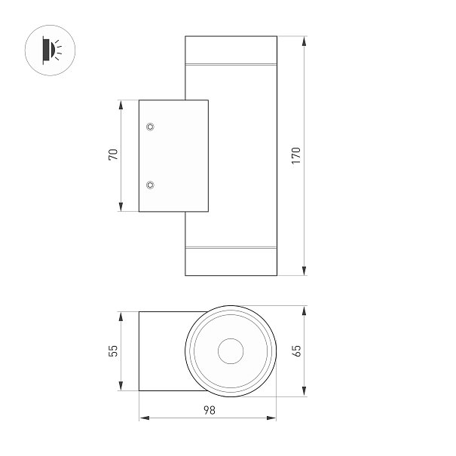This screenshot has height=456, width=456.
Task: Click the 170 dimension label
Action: [x=296, y=155]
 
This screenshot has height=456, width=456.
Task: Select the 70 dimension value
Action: [x=113, y=155]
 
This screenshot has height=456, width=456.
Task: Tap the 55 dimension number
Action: [x=113, y=350]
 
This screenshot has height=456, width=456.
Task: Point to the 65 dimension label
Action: [x=296, y=350]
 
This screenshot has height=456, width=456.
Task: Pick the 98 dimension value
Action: [x=209, y=410]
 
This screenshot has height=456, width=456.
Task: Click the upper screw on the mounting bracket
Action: [x=150, y=127]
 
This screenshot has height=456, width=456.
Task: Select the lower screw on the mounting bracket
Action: [x=150, y=185]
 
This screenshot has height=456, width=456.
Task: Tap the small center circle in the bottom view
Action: [x=231, y=351]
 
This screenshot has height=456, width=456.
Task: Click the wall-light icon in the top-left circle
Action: [x=52, y=50]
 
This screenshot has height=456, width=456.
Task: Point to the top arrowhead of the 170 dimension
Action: [x=305, y=41]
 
